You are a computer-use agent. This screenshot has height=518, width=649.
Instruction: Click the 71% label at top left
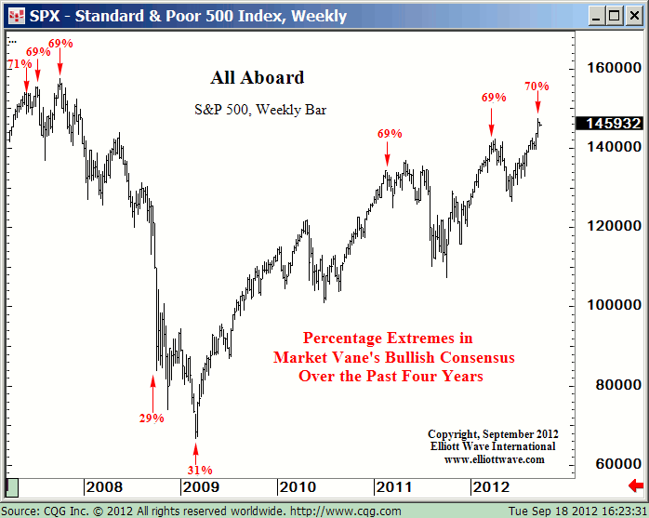[19, 64]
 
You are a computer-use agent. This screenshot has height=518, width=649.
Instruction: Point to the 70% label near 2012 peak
[536, 86]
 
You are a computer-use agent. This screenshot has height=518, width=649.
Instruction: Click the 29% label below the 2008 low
[152, 418]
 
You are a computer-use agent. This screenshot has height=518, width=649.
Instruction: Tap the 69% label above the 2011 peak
[390, 134]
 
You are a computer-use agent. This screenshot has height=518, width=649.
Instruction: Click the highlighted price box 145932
[609, 123]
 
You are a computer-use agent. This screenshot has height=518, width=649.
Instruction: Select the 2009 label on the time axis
[201, 486]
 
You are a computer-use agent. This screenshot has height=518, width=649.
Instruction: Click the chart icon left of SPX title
[14, 16]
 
